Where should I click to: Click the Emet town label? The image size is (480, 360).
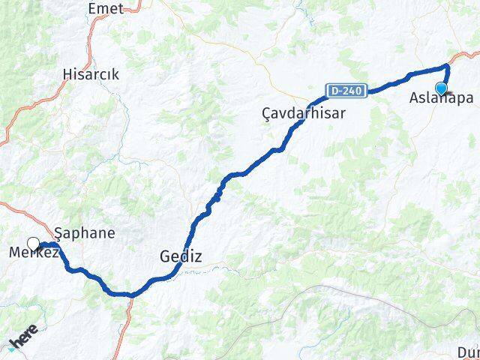pos(105,8)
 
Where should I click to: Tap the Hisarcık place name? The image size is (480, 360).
pos(92,75)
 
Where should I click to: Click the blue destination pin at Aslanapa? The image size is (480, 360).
pos(441,88)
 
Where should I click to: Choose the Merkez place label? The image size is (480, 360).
pos(33,253)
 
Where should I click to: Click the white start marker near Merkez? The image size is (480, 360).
pos(33,243)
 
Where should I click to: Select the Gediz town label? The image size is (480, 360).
pos(181,256)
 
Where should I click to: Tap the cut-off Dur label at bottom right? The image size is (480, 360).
pos(469,352)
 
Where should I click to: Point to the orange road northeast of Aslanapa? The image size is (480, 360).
pos(464,56)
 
